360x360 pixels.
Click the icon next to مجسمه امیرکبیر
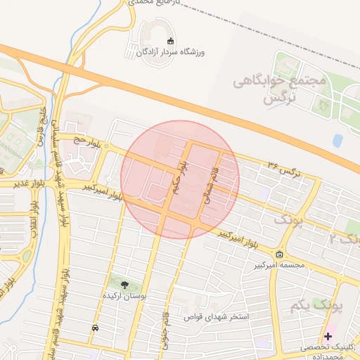click(x=279, y=254)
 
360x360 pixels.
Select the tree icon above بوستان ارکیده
click(x=124, y=285)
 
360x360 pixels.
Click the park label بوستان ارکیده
click(x=124, y=297)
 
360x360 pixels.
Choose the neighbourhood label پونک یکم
click(x=310, y=306)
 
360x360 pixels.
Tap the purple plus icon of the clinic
click(x=328, y=336)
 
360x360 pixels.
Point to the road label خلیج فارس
click(x=42, y=124)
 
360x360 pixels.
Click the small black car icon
click(x=95, y=328)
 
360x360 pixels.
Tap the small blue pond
click(x=337, y=141)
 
